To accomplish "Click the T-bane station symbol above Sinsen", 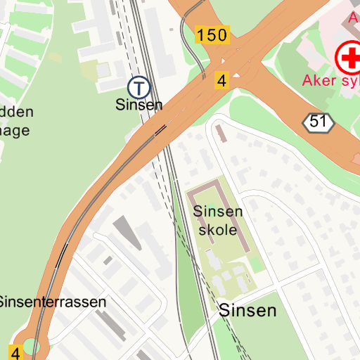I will pyautogui.click(x=139, y=87).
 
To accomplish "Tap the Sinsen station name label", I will pyautogui.click(x=139, y=105).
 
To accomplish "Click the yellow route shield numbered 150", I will pyautogui.click(x=212, y=35).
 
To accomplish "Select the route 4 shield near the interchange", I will pyautogui.click(x=222, y=81).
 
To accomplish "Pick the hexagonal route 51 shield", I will pyautogui.click(x=319, y=122).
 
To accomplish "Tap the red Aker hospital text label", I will pyautogui.click(x=330, y=80).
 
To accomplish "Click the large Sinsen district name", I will pyautogui.click(x=247, y=310).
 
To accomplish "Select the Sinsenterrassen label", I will pyautogui.click(x=53, y=302).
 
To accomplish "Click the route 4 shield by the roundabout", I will pyautogui.click(x=15, y=352).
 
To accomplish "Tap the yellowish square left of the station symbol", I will pyautogui.click(x=91, y=70).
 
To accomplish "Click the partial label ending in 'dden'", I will pyautogui.click(x=15, y=112).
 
